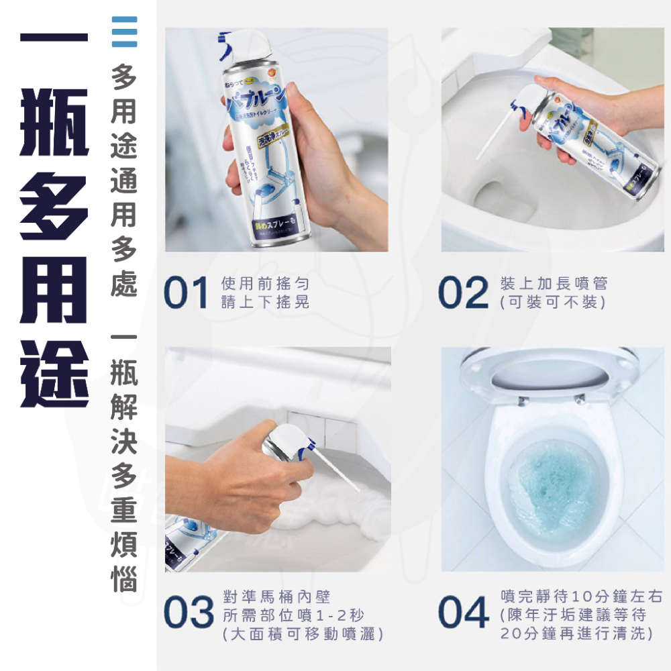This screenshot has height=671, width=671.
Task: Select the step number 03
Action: (x=189, y=614)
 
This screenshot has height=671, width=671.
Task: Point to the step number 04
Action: (x=462, y=614)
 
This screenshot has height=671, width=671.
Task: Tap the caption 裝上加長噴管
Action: (x=553, y=284)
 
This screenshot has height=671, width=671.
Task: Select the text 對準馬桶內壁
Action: (x=276, y=596)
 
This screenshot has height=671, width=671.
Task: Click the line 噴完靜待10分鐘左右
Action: (x=582, y=596)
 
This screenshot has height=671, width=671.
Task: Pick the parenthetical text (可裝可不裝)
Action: (x=553, y=303)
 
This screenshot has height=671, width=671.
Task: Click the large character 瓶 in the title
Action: (x=54, y=131)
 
